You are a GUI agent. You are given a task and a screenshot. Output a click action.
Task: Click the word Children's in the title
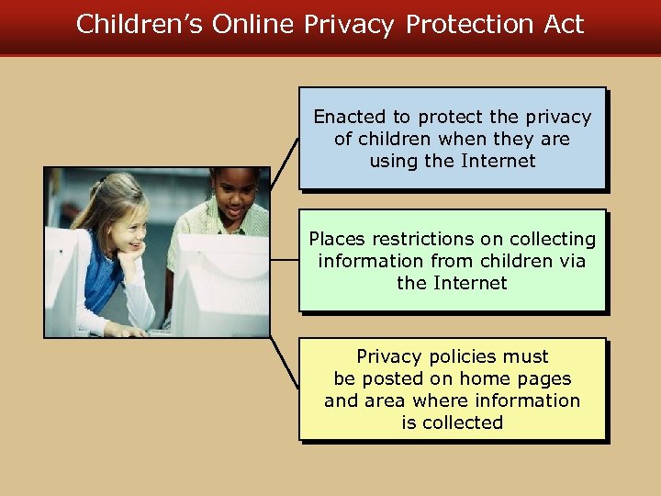[x=140, y=24]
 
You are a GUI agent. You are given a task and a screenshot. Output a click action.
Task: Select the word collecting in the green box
[x=550, y=239]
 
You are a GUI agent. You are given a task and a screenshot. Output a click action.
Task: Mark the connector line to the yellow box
[x=284, y=364]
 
